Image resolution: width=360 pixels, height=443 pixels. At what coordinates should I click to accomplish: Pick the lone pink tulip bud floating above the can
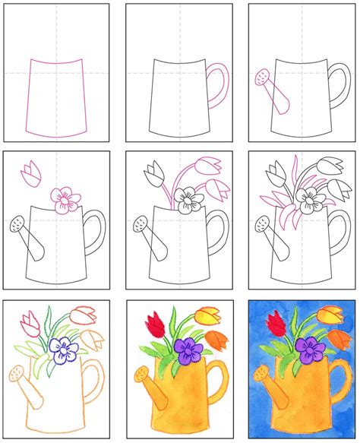coord(30,172)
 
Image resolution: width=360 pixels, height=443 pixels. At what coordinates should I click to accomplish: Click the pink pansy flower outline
coord(65,198)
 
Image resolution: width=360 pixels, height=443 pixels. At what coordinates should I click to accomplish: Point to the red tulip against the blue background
coord(275,325)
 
